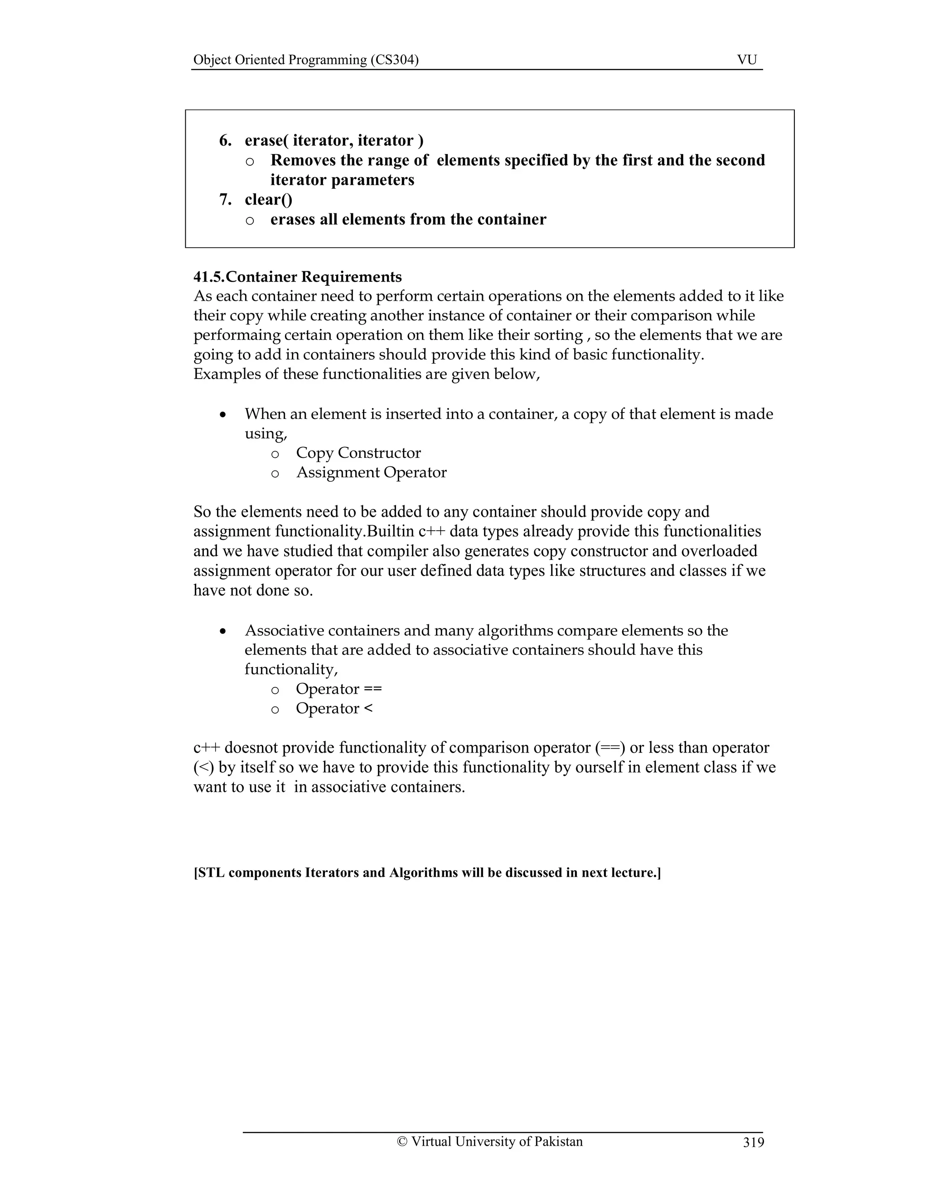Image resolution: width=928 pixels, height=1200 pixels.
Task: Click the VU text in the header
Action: click(747, 60)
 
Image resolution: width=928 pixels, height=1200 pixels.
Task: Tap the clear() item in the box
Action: click(268, 199)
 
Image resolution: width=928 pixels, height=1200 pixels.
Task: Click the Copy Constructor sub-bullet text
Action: click(358, 453)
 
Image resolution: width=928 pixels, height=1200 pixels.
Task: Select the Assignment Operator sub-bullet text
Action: click(371, 472)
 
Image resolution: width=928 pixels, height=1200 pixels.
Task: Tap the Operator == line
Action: click(338, 689)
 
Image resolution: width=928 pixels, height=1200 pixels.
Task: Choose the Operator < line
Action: click(333, 708)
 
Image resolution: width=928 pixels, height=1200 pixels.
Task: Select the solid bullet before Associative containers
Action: click(222, 632)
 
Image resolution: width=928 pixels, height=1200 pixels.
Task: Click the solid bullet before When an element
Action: click(222, 415)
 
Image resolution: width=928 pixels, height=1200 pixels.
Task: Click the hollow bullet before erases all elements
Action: click(250, 221)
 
